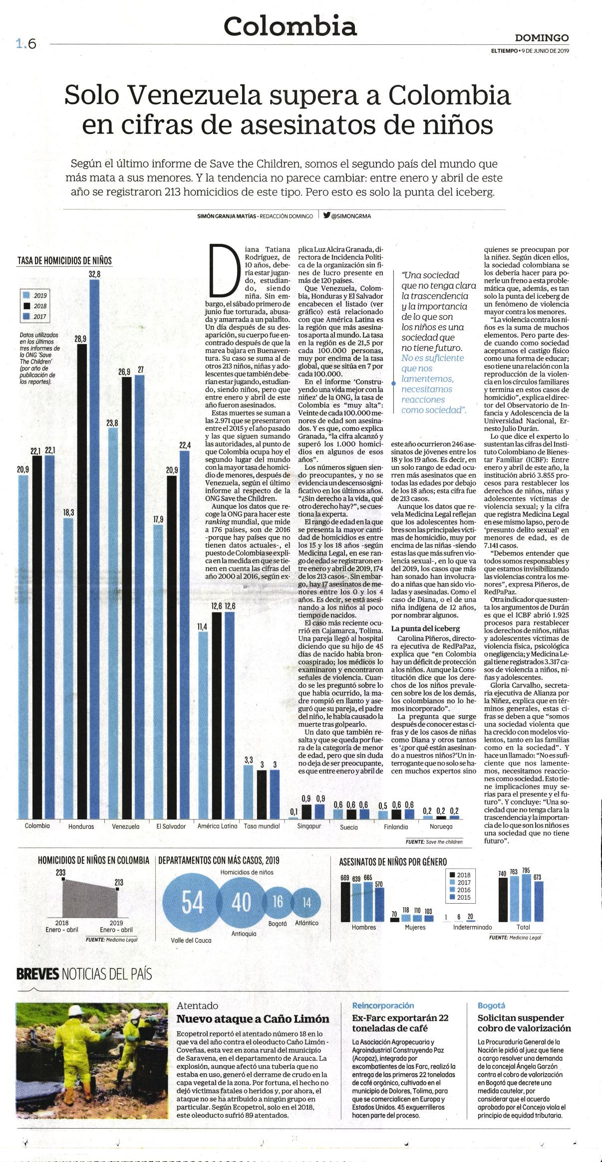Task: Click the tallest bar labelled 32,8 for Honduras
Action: [94, 549]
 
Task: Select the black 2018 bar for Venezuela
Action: [127, 598]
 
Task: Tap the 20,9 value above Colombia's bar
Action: [22, 469]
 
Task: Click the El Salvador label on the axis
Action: [171, 826]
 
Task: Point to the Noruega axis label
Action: [441, 826]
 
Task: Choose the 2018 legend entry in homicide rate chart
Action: [36, 306]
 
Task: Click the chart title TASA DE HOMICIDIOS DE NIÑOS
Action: [64, 261]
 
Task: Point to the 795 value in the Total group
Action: [526, 870]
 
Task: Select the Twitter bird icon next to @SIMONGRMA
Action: [326, 216]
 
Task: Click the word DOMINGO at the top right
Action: [542, 38]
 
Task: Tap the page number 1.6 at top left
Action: [26, 44]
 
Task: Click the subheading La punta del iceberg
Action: [425, 628]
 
